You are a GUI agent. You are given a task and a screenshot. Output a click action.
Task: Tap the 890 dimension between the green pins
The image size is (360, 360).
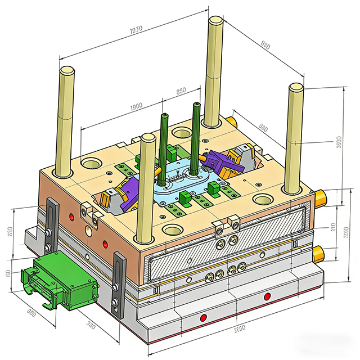click(x=181, y=91)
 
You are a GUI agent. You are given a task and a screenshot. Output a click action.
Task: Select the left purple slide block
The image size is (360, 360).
click(x=130, y=191)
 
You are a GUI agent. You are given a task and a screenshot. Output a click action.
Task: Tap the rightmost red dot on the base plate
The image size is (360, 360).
click(x=267, y=295)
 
